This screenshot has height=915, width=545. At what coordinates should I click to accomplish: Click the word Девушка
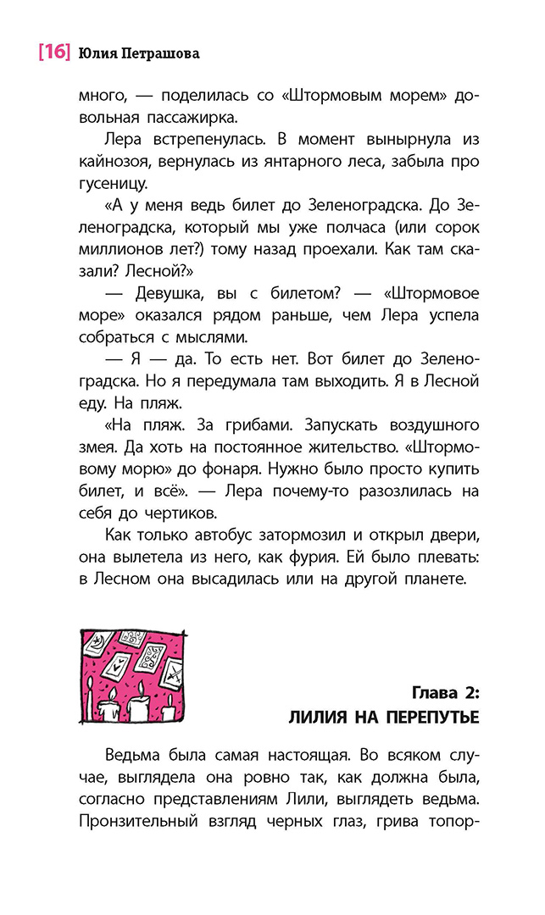(x=174, y=295)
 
